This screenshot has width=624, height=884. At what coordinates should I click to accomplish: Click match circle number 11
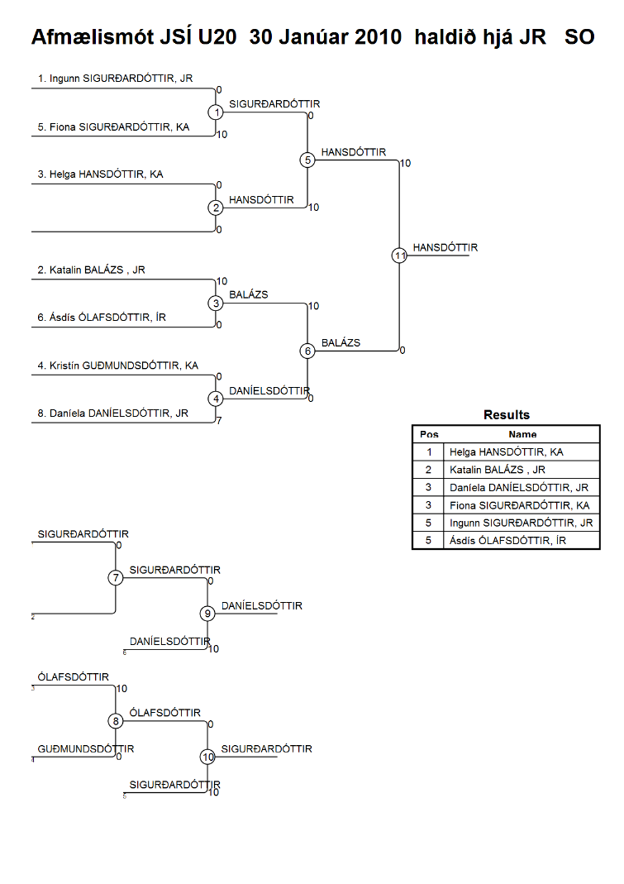tap(399, 256)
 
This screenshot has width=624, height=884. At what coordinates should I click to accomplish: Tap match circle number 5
tap(307, 160)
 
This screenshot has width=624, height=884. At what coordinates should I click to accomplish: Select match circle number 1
tap(216, 112)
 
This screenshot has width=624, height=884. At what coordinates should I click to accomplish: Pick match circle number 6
tap(307, 351)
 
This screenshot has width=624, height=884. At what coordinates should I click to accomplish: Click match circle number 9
tap(207, 614)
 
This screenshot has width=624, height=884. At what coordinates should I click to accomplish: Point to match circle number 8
tap(116, 721)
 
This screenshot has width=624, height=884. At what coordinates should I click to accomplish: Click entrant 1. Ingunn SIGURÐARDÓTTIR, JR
tap(115, 79)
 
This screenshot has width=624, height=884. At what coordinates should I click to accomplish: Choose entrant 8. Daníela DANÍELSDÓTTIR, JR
tap(112, 413)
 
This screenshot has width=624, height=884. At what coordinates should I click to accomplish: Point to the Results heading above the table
tap(506, 415)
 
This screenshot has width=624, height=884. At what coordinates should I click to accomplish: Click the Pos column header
tap(429, 434)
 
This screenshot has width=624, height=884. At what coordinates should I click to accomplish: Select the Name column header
tap(522, 434)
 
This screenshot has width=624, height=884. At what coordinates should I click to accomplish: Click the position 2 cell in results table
tap(429, 470)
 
